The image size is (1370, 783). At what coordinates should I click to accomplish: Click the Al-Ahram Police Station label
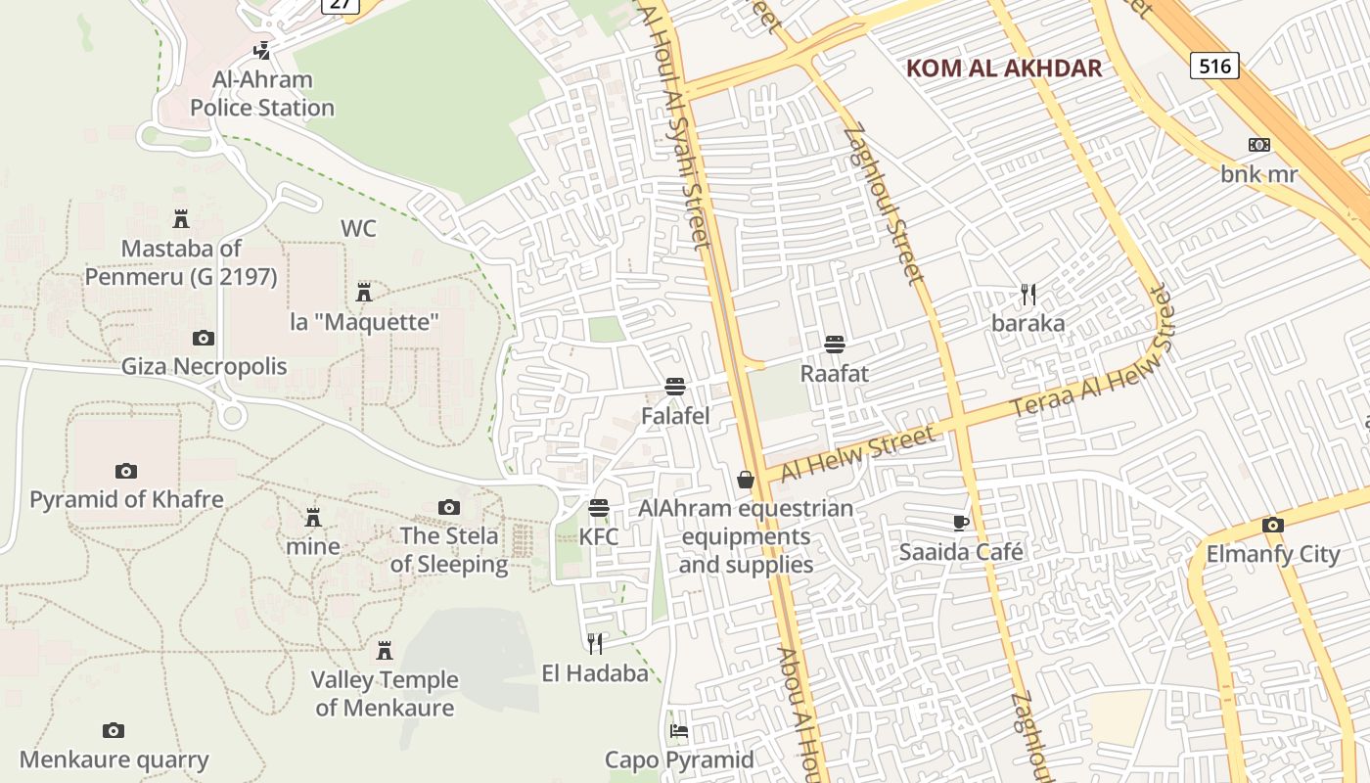point(262,94)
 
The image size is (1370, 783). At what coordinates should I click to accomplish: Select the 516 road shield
point(1215,66)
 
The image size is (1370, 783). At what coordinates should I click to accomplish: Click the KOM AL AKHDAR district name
point(1004,69)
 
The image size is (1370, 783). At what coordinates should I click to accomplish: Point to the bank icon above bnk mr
point(1259,145)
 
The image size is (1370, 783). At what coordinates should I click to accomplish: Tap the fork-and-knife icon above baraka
point(1027,294)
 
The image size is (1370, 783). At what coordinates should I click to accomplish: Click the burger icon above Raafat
point(835,345)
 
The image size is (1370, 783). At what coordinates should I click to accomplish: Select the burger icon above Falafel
point(674,387)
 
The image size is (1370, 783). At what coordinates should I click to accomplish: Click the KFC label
point(598,537)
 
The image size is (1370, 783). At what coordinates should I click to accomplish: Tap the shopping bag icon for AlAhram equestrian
point(746,480)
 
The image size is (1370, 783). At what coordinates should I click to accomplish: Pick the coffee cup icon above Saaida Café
point(961,523)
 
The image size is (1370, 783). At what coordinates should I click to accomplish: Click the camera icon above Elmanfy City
point(1272,526)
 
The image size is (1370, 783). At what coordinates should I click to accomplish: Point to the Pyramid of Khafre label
point(126,499)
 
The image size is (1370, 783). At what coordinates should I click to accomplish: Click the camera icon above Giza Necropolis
point(204,339)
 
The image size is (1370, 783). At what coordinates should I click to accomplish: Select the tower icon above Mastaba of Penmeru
point(180,218)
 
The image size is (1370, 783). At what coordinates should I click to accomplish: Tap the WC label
point(358,229)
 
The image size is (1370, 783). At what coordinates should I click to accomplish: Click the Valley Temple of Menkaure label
point(385,693)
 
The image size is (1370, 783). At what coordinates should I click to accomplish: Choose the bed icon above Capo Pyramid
point(679,731)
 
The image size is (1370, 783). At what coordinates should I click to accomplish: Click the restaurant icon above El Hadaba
point(595,643)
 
